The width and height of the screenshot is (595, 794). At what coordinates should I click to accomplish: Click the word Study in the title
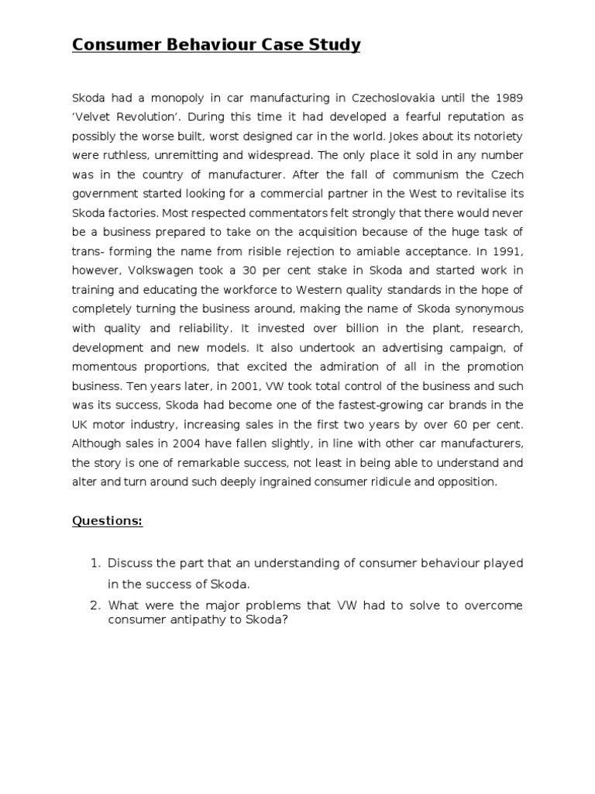pos(332,45)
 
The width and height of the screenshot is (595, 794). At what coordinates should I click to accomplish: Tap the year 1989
pos(507,98)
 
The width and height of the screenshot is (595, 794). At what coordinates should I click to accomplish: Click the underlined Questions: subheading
pos(108,521)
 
